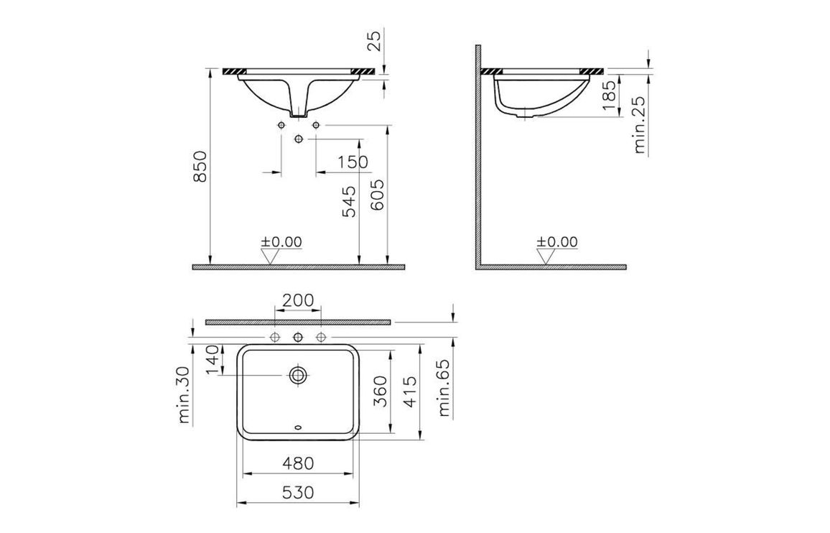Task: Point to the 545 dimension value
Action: click(349, 202)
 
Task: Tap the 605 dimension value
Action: click(378, 195)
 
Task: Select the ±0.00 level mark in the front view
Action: click(281, 242)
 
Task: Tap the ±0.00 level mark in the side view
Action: click(556, 242)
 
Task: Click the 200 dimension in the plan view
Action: click(297, 300)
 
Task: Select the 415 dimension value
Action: click(410, 392)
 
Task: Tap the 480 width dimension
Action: click(297, 463)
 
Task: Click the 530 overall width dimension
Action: click(297, 493)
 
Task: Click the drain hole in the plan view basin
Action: click(297, 374)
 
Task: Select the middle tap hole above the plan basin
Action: click(297, 337)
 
